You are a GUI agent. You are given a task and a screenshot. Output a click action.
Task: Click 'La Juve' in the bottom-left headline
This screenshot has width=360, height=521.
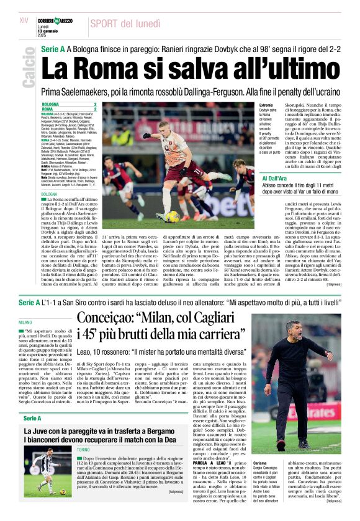pos(38,413)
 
